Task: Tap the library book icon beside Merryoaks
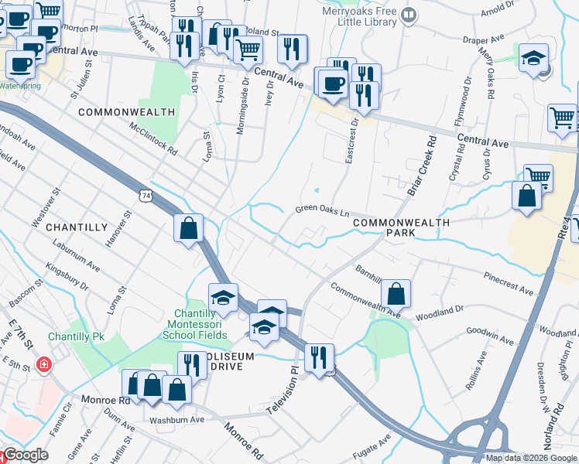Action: point(409,13)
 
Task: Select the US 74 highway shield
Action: point(146,199)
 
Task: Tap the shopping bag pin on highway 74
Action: point(189,228)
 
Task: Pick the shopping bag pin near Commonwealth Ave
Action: point(396,294)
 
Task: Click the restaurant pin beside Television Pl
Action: point(319,358)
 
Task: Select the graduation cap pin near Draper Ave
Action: point(533,59)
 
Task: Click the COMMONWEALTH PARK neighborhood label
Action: point(401,227)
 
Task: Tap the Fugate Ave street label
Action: point(374,445)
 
